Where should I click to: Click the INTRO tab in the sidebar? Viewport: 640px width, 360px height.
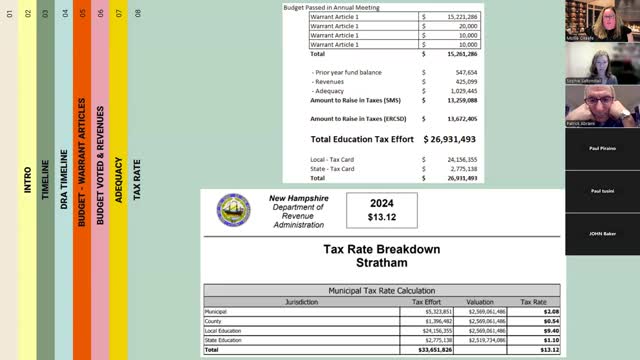tap(28, 180)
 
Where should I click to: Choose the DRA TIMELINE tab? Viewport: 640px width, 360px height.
tap(64, 180)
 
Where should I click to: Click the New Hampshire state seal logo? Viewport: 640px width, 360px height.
tap(234, 209)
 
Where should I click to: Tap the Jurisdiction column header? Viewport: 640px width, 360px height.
tap(301, 301)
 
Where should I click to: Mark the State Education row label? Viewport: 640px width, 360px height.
tap(226, 341)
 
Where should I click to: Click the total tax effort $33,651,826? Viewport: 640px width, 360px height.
tap(432, 351)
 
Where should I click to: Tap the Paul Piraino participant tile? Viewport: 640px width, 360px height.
tap(601, 148)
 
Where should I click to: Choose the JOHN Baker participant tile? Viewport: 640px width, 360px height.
tap(601, 233)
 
